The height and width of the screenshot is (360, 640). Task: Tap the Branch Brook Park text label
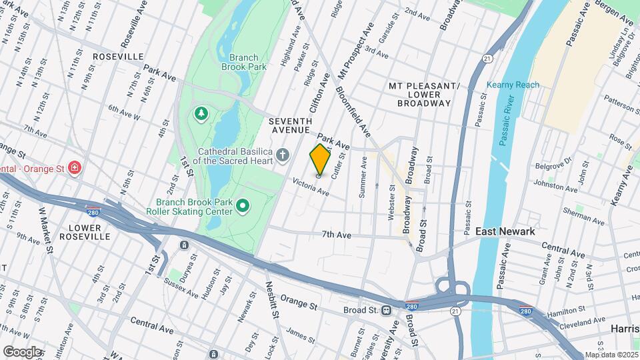(247, 62)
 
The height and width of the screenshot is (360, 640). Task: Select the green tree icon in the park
(201, 114)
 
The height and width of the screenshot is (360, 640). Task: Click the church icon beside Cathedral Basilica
(283, 156)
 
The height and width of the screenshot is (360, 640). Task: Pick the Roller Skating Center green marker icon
(243, 207)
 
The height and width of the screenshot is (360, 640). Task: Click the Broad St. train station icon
(386, 311)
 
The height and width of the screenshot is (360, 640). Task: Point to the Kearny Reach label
(513, 85)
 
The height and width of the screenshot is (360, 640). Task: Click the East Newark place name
(505, 231)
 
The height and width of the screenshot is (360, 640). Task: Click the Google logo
(23, 351)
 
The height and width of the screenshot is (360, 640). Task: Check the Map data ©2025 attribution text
(611, 355)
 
